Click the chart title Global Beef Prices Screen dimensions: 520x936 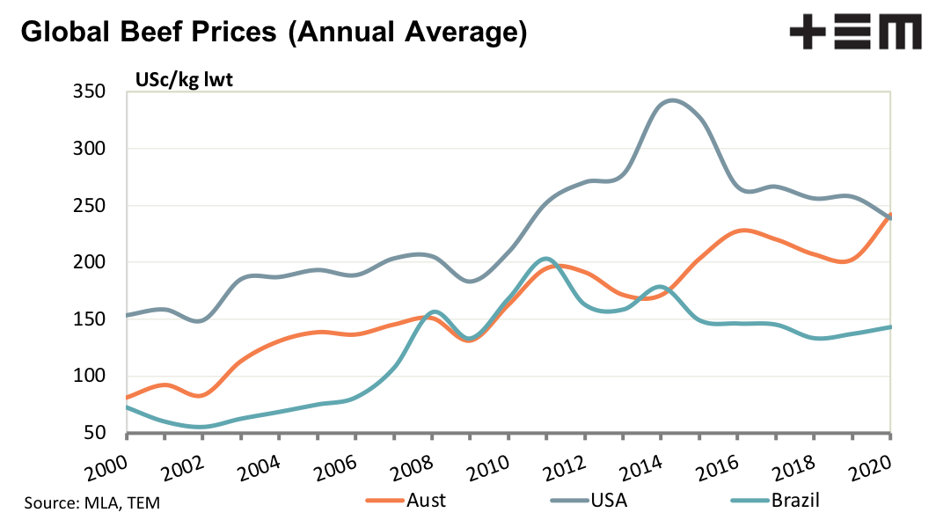(274, 33)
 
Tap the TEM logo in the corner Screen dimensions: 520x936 (855, 35)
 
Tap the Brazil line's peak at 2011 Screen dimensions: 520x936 (545, 259)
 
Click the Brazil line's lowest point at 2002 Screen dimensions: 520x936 (202, 427)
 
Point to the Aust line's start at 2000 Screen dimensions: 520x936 (128, 398)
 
